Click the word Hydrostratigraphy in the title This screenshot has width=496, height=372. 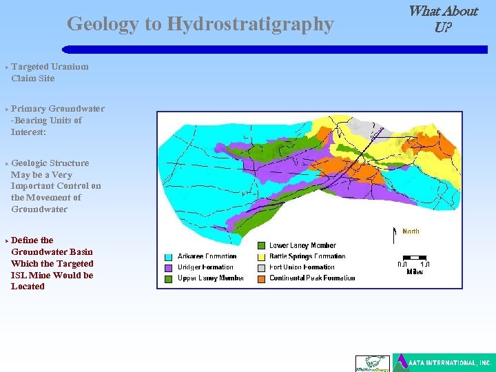pyautogui.click(x=250, y=25)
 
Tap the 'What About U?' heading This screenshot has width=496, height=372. pyautogui.click(x=442, y=19)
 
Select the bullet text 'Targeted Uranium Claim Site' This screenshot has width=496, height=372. pyautogui.click(x=49, y=72)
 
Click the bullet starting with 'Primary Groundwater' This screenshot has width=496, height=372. pyautogui.click(x=56, y=120)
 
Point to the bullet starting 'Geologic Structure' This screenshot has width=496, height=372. pyautogui.click(x=55, y=186)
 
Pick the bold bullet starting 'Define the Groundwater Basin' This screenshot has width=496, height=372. pyautogui.click(x=52, y=263)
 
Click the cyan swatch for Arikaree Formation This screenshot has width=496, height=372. pyautogui.click(x=169, y=257)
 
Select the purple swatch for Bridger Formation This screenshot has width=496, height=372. pyautogui.click(x=169, y=267)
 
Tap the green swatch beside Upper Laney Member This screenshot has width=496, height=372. pyautogui.click(x=169, y=278)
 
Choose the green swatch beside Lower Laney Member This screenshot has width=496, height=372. pyautogui.click(x=261, y=245)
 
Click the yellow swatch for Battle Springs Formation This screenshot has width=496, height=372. pyautogui.click(x=261, y=256)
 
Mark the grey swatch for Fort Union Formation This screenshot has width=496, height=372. pyautogui.click(x=261, y=267)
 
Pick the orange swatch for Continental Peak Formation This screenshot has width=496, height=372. pyautogui.click(x=261, y=278)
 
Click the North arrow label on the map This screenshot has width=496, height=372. pyautogui.click(x=410, y=231)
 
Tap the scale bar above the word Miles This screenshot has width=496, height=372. pyautogui.click(x=414, y=264)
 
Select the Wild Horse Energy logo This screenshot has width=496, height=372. pyautogui.click(x=372, y=363)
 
